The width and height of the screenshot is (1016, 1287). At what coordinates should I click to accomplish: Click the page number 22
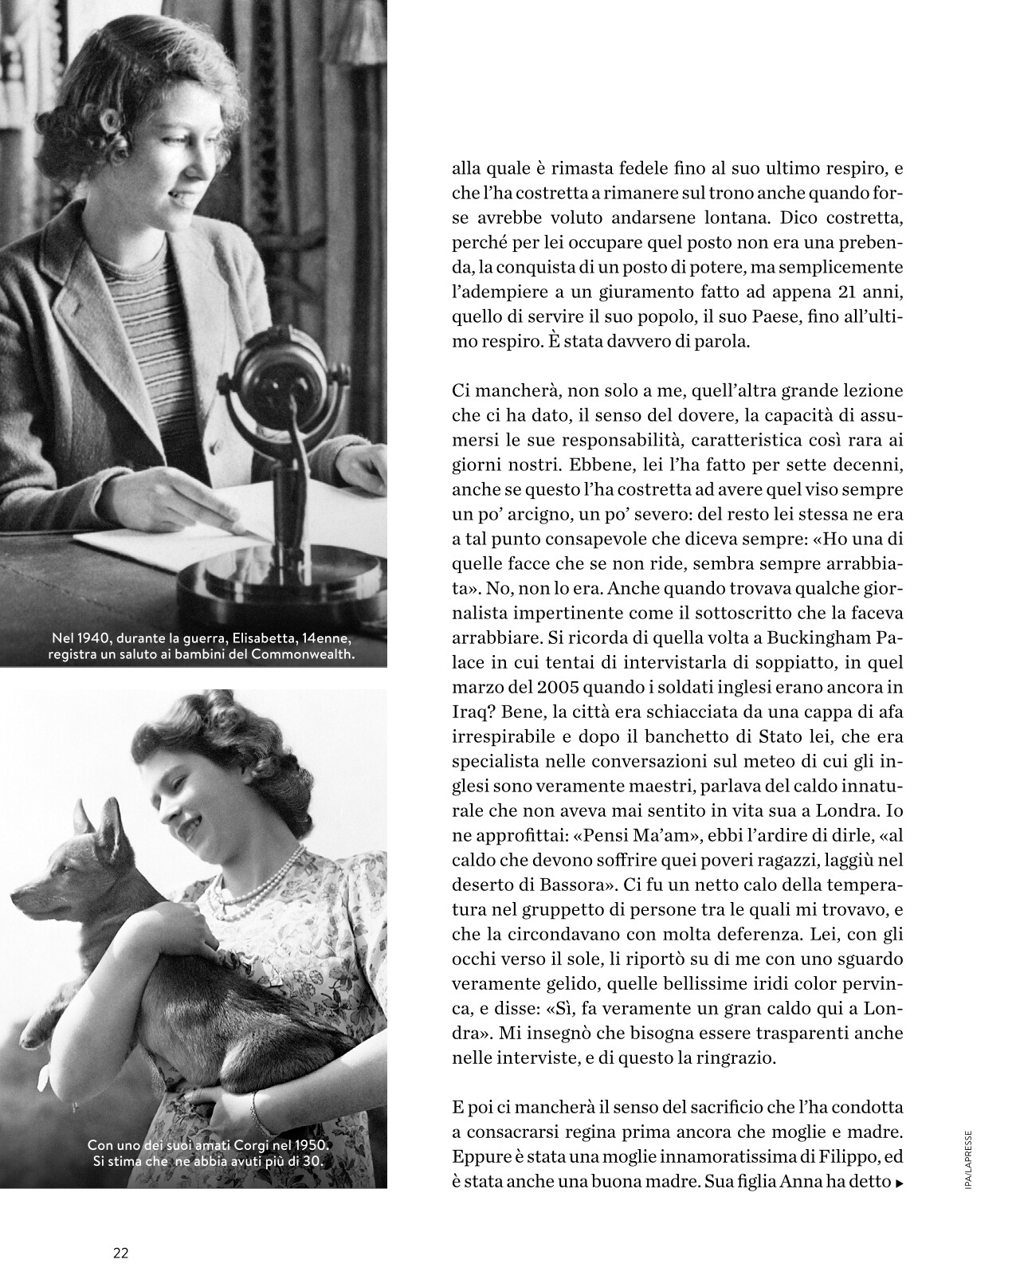point(121,1252)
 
